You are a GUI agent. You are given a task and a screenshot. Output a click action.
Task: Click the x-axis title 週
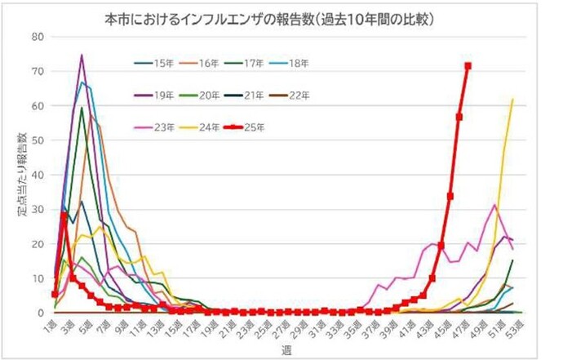(x=282, y=349)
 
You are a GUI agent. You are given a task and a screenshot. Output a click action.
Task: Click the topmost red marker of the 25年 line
(x=468, y=66)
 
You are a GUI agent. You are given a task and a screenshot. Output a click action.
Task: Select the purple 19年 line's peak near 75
(x=82, y=56)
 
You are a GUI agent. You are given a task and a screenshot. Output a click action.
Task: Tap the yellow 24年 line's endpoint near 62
(x=512, y=100)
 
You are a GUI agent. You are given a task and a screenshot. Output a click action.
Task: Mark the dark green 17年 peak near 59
(x=82, y=109)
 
